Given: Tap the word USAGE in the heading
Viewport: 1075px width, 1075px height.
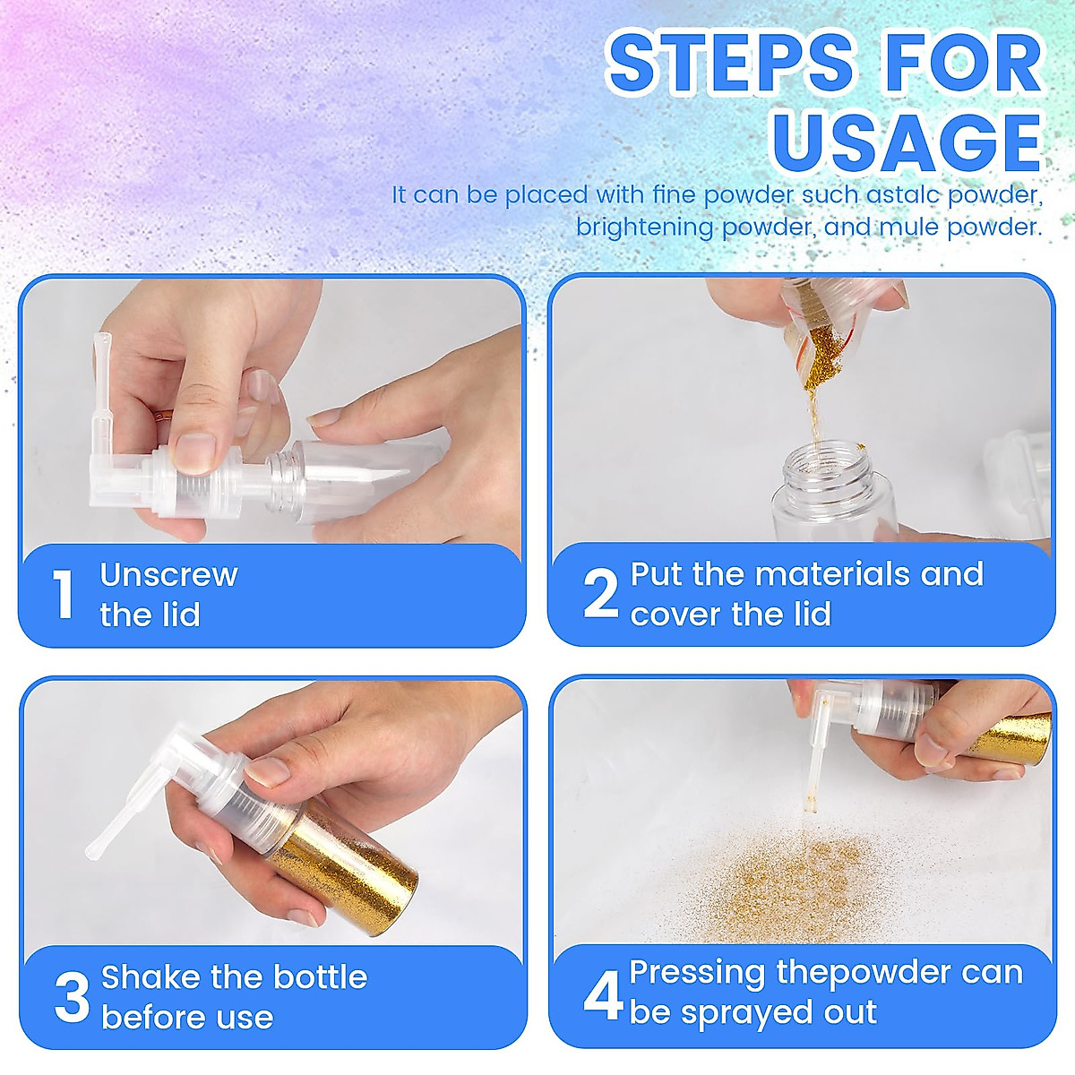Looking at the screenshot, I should coord(907,141).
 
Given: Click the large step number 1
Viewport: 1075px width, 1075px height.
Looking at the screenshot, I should coord(63,595).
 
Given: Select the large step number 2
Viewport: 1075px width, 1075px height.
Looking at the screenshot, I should coord(600,595).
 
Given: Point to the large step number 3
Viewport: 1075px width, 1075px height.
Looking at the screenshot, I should coord(72,997).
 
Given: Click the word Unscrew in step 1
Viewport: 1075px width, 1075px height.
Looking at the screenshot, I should coord(168,575).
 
